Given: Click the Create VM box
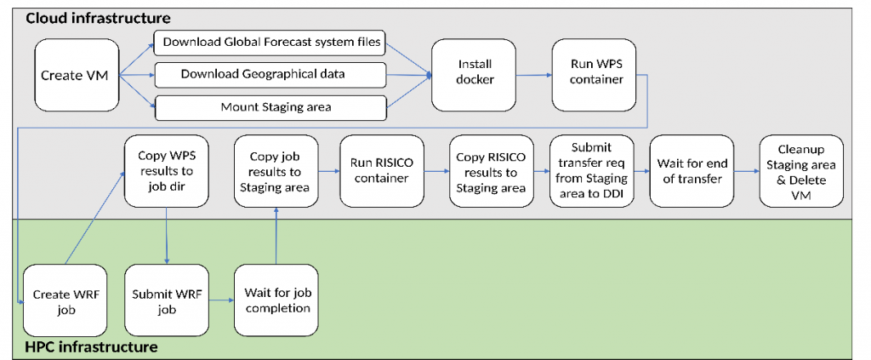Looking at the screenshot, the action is click(x=77, y=75).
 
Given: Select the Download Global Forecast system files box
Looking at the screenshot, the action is click(x=270, y=43).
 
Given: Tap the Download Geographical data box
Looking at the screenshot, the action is click(x=270, y=75).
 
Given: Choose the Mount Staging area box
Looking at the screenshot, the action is click(x=270, y=108).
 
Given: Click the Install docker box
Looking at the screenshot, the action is click(x=475, y=75).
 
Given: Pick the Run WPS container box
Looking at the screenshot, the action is click(x=595, y=75).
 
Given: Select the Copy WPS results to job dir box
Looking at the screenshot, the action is click(x=166, y=170).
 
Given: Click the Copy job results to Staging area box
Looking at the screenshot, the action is click(x=276, y=170).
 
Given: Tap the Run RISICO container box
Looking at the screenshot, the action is click(x=382, y=170).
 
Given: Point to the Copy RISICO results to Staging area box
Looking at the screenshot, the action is click(x=491, y=170).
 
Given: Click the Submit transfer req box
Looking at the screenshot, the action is click(x=592, y=170).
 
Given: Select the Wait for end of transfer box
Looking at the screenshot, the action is click(x=692, y=170).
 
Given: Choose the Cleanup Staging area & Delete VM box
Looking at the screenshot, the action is click(x=801, y=170).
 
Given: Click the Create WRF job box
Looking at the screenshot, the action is click(x=65, y=300).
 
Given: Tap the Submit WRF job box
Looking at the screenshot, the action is click(x=167, y=300).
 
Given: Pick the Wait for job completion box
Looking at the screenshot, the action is click(x=276, y=300).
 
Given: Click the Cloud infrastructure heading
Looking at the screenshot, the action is click(x=99, y=18).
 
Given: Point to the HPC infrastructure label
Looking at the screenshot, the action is click(x=92, y=348).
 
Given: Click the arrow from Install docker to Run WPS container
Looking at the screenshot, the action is click(x=534, y=74).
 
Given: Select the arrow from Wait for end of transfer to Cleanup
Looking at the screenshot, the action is click(x=747, y=171).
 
